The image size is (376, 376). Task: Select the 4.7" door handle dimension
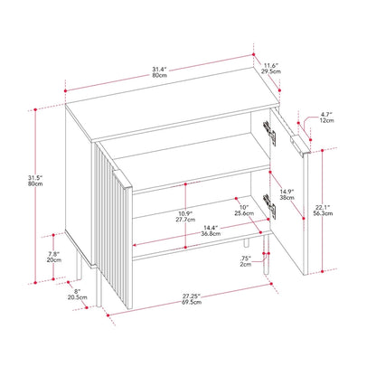click(326, 115)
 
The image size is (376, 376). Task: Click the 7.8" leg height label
click(54, 253)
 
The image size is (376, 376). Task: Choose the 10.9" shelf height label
click(163, 215)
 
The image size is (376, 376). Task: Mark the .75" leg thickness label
click(246, 260)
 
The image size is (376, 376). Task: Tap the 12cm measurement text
click(326, 122)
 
